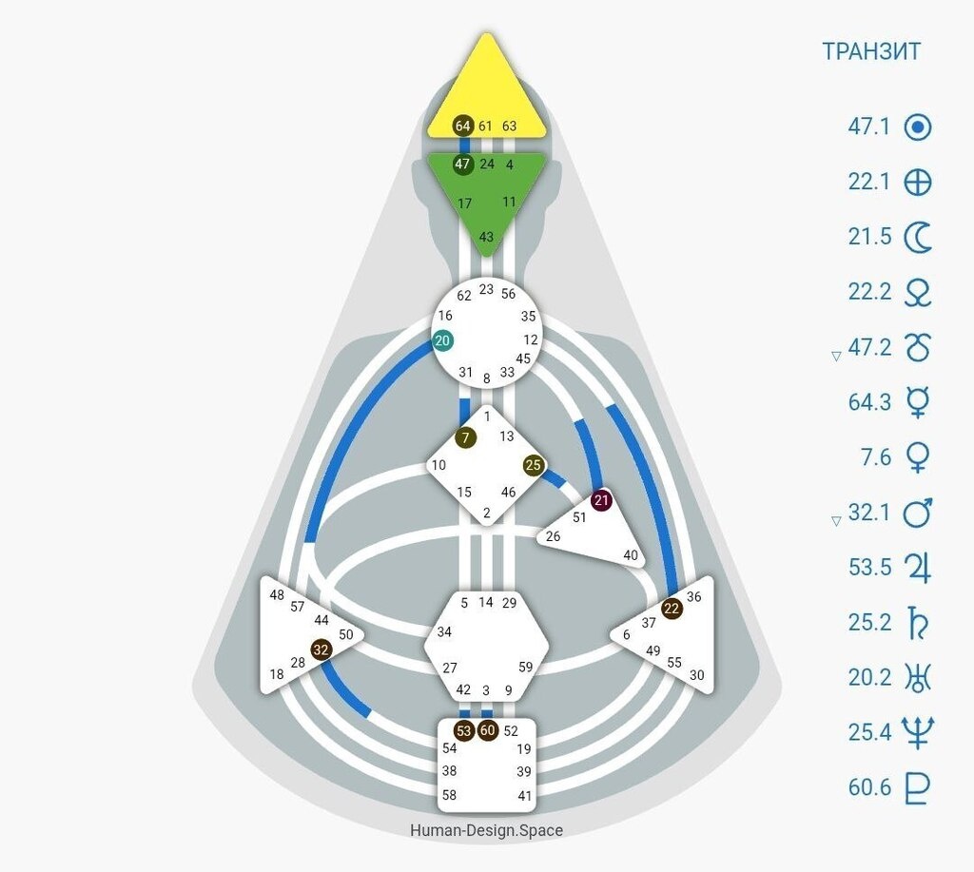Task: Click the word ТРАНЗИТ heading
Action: pyautogui.click(x=871, y=51)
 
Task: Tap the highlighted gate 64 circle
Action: pyautogui.click(x=463, y=126)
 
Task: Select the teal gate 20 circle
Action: pyautogui.click(x=443, y=341)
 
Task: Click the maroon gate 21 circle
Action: pyautogui.click(x=601, y=500)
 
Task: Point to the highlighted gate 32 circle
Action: pyautogui.click(x=321, y=650)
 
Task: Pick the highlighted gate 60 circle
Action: pyautogui.click(x=488, y=731)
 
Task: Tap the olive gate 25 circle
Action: pyautogui.click(x=533, y=466)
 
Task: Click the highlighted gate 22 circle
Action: pyautogui.click(x=672, y=609)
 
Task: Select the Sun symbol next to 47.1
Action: pyautogui.click(x=917, y=127)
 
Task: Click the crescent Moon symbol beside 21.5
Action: pyautogui.click(x=917, y=237)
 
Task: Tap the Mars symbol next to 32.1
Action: pyautogui.click(x=917, y=514)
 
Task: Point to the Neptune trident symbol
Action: pyautogui.click(x=917, y=733)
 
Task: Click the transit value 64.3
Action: pyautogui.click(x=869, y=403)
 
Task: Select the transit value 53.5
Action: pyautogui.click(x=869, y=569)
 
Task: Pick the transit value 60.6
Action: pyautogui.click(x=869, y=788)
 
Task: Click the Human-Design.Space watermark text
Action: pyautogui.click(x=486, y=830)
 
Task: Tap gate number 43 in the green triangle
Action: pyautogui.click(x=486, y=237)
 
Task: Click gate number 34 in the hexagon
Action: pyautogui.click(x=444, y=631)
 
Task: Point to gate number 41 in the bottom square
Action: pyautogui.click(x=524, y=796)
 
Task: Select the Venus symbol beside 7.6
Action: pyautogui.click(x=917, y=458)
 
